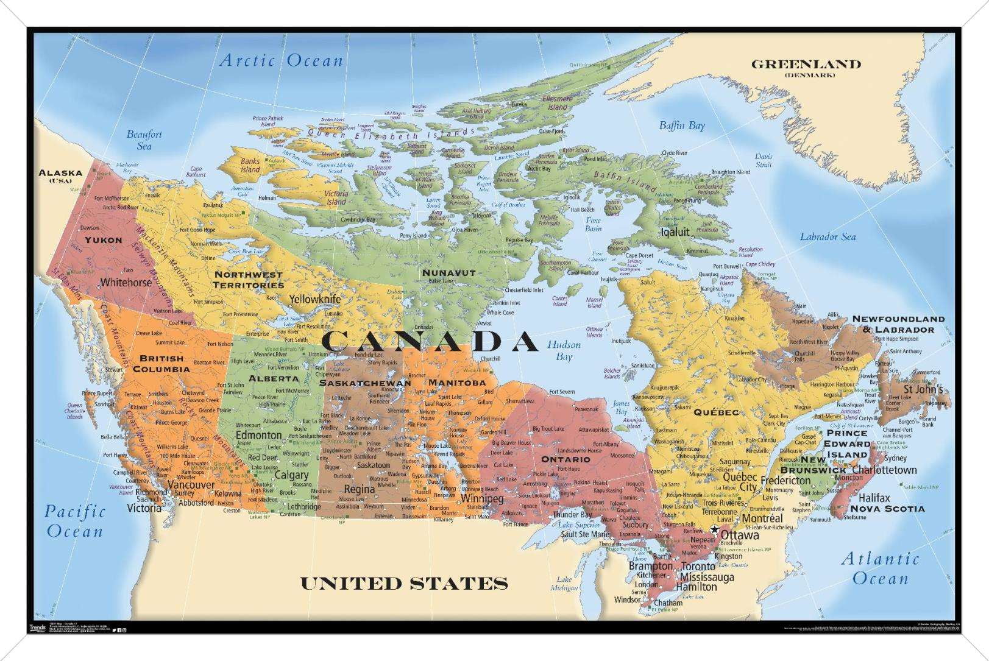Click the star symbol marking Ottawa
[x=714, y=529]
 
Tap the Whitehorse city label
[x=126, y=283]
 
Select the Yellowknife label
[x=314, y=299]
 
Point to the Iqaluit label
[x=675, y=232]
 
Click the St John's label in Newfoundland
[x=923, y=389]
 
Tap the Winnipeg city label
[x=482, y=499]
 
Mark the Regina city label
[x=359, y=489]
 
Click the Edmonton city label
[x=258, y=435]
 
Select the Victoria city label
[x=144, y=508]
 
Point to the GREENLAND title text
[x=806, y=64]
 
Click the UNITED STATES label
[x=404, y=584]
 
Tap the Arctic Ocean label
[x=282, y=61]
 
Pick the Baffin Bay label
[x=681, y=125]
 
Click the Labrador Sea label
[x=828, y=237]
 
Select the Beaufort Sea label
[x=144, y=140]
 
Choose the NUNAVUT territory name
[x=448, y=273]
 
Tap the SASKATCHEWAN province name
[x=365, y=383]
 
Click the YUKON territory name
[x=103, y=240]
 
